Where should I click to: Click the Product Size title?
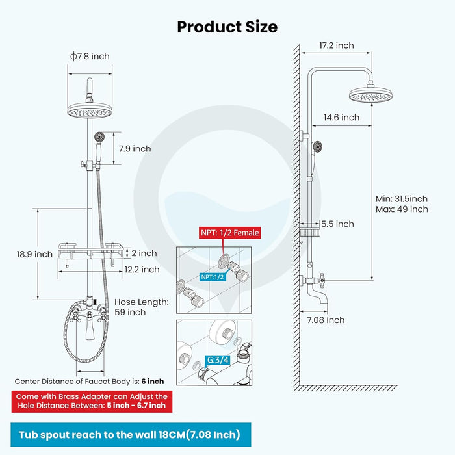pyautogui.click(x=227, y=27)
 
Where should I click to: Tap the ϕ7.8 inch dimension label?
pyautogui.click(x=90, y=57)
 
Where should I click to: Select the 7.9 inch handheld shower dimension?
pyautogui.click(x=135, y=149)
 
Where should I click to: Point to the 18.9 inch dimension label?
pyautogui.click(x=35, y=254)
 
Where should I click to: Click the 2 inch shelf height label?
pyautogui.click(x=144, y=253)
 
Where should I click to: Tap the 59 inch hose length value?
pyautogui.click(x=130, y=312)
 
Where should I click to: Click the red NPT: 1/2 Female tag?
pyautogui.click(x=229, y=233)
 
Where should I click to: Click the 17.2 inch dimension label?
pyautogui.click(x=337, y=45)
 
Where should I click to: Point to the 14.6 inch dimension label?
pyautogui.click(x=341, y=118)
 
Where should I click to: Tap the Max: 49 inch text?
pyautogui.click(x=401, y=209)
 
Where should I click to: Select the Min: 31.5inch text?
pyautogui.click(x=401, y=198)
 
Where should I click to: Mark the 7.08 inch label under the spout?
pyautogui.click(x=326, y=320)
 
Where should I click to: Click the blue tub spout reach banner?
pyautogui.click(x=129, y=434)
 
